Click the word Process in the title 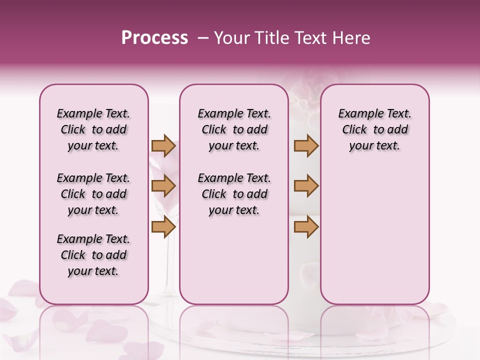[154, 38]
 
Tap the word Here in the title [352, 38]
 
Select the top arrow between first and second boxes [163, 145]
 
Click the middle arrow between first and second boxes [163, 186]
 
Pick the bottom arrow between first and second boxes [163, 227]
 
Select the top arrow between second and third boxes [306, 145]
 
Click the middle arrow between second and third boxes [306, 186]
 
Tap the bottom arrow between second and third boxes [306, 227]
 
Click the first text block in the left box [93, 129]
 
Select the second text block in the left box [93, 194]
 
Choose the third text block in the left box [93, 255]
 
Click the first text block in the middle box [234, 129]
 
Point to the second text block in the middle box [234, 194]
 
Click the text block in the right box [374, 129]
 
